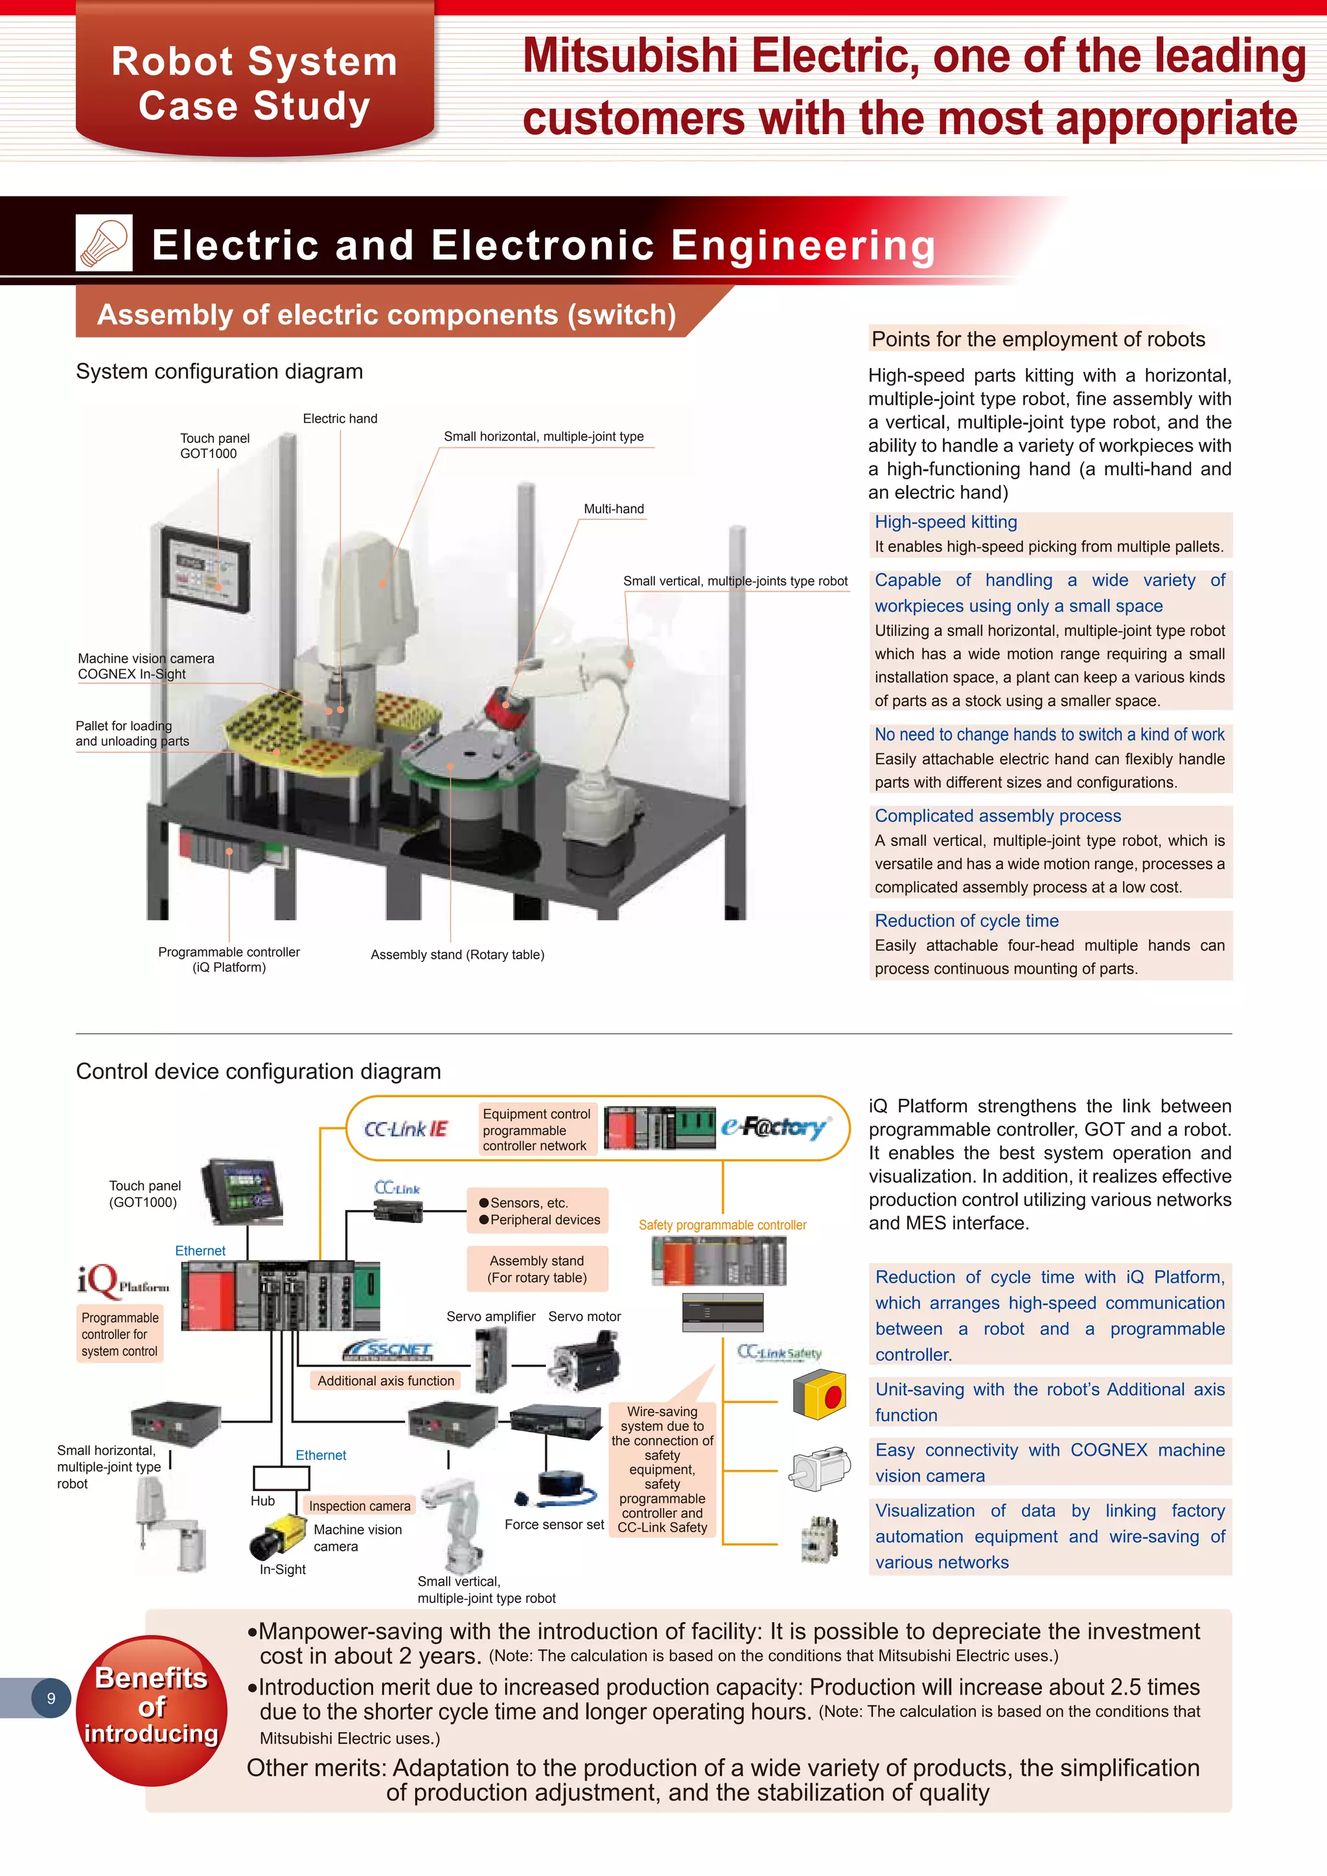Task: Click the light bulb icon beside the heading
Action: (x=104, y=243)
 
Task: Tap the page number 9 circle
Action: (x=51, y=1697)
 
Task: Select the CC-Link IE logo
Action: (x=406, y=1128)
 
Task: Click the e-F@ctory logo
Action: (x=774, y=1128)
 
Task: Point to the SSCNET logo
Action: (x=388, y=1350)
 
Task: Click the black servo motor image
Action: (x=584, y=1360)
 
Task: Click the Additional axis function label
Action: (x=386, y=1380)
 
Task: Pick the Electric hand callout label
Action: (x=340, y=418)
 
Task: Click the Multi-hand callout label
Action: (x=613, y=509)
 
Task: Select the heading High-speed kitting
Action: (x=945, y=522)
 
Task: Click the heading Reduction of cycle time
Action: (x=966, y=921)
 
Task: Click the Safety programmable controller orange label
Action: (x=722, y=1225)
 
